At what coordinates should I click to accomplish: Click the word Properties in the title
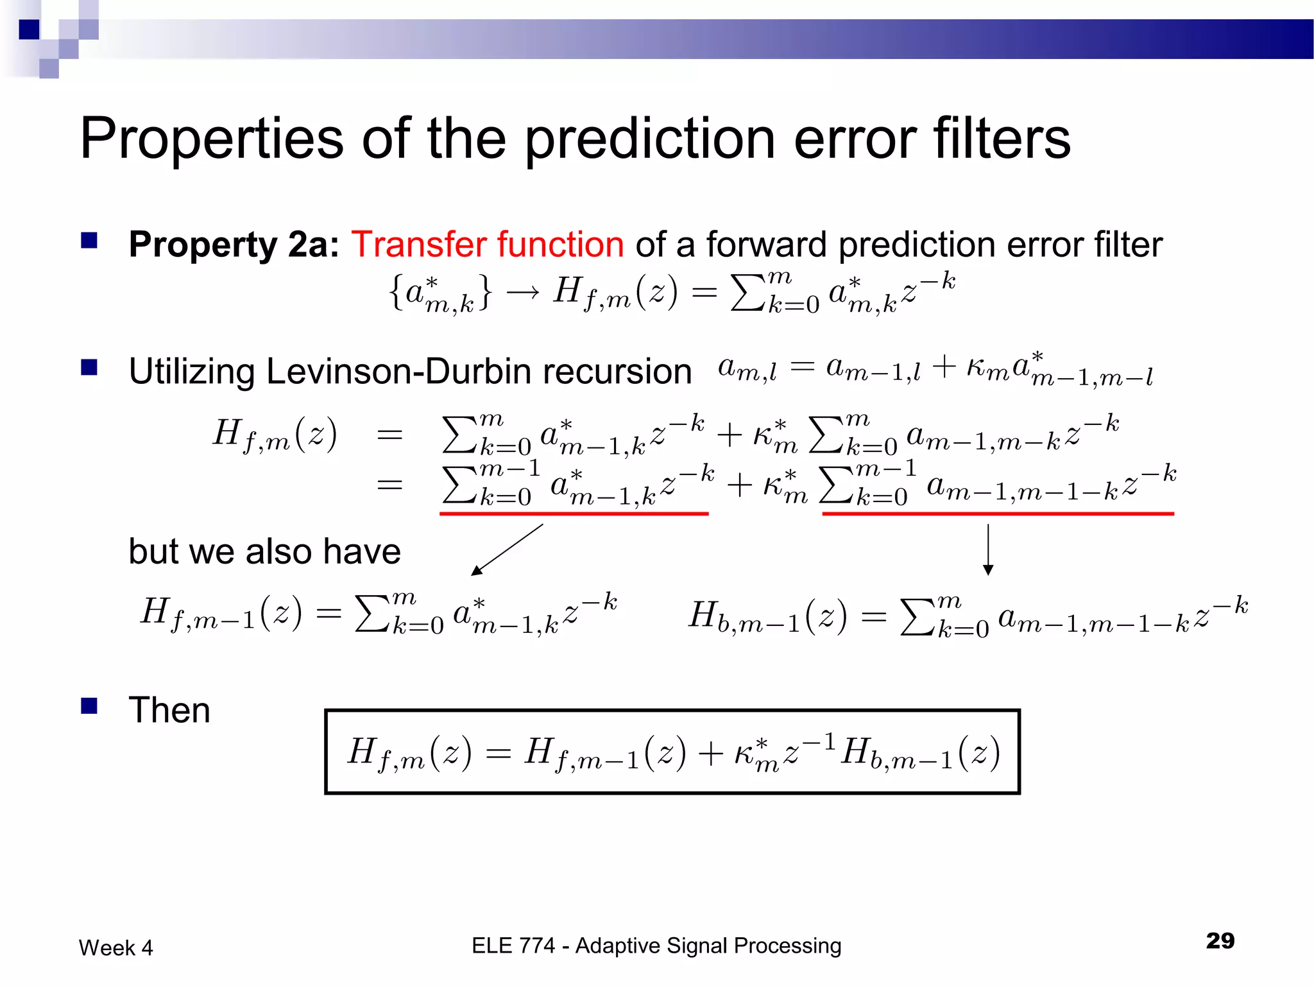pos(212,139)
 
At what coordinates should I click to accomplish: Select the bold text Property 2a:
pos(234,245)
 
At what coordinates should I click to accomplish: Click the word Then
pos(169,710)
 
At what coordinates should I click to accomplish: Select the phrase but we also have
pos(264,551)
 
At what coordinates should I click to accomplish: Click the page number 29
pos(1220,941)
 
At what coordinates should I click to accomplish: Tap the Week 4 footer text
pos(115,947)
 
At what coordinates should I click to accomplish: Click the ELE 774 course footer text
pos(656,946)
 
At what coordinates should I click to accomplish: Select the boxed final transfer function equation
pos(672,752)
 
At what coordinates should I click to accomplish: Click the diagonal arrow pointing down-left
pos(507,549)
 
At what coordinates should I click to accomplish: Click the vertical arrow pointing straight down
pos(988,549)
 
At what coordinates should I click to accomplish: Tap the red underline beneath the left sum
pos(574,514)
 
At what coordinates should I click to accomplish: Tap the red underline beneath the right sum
pos(998,514)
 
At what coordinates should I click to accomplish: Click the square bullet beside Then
pos(89,706)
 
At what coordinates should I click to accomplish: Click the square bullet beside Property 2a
pos(89,241)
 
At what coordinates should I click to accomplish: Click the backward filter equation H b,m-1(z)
pos(968,616)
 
